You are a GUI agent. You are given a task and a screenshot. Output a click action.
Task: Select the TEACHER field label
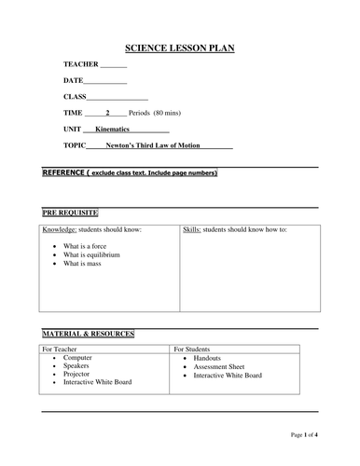(79, 64)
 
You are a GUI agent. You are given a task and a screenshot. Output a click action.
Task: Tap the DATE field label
(74, 81)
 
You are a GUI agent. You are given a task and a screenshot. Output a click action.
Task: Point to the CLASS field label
(75, 97)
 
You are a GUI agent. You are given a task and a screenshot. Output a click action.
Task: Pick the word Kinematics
(117, 129)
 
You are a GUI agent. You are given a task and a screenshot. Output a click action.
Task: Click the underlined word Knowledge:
(62, 229)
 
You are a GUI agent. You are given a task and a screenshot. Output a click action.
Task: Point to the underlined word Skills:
(192, 229)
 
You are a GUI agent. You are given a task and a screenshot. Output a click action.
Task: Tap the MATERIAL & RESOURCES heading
(89, 333)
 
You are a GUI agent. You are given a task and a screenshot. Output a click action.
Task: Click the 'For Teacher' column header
(62, 349)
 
